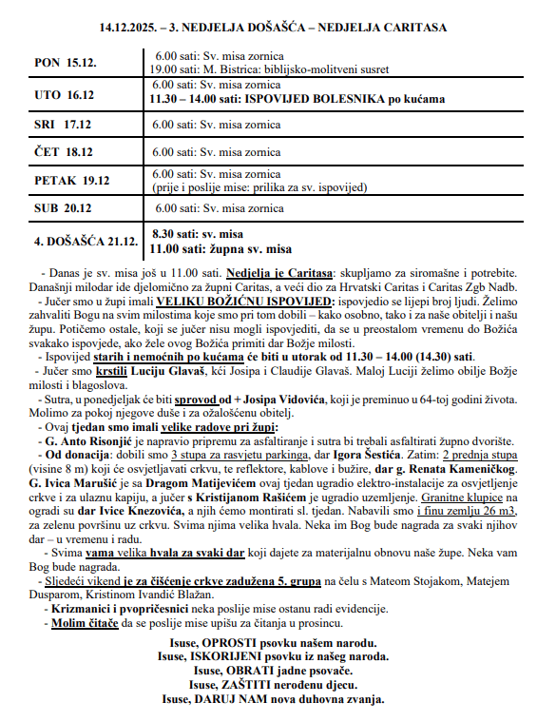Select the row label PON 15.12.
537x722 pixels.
71,63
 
